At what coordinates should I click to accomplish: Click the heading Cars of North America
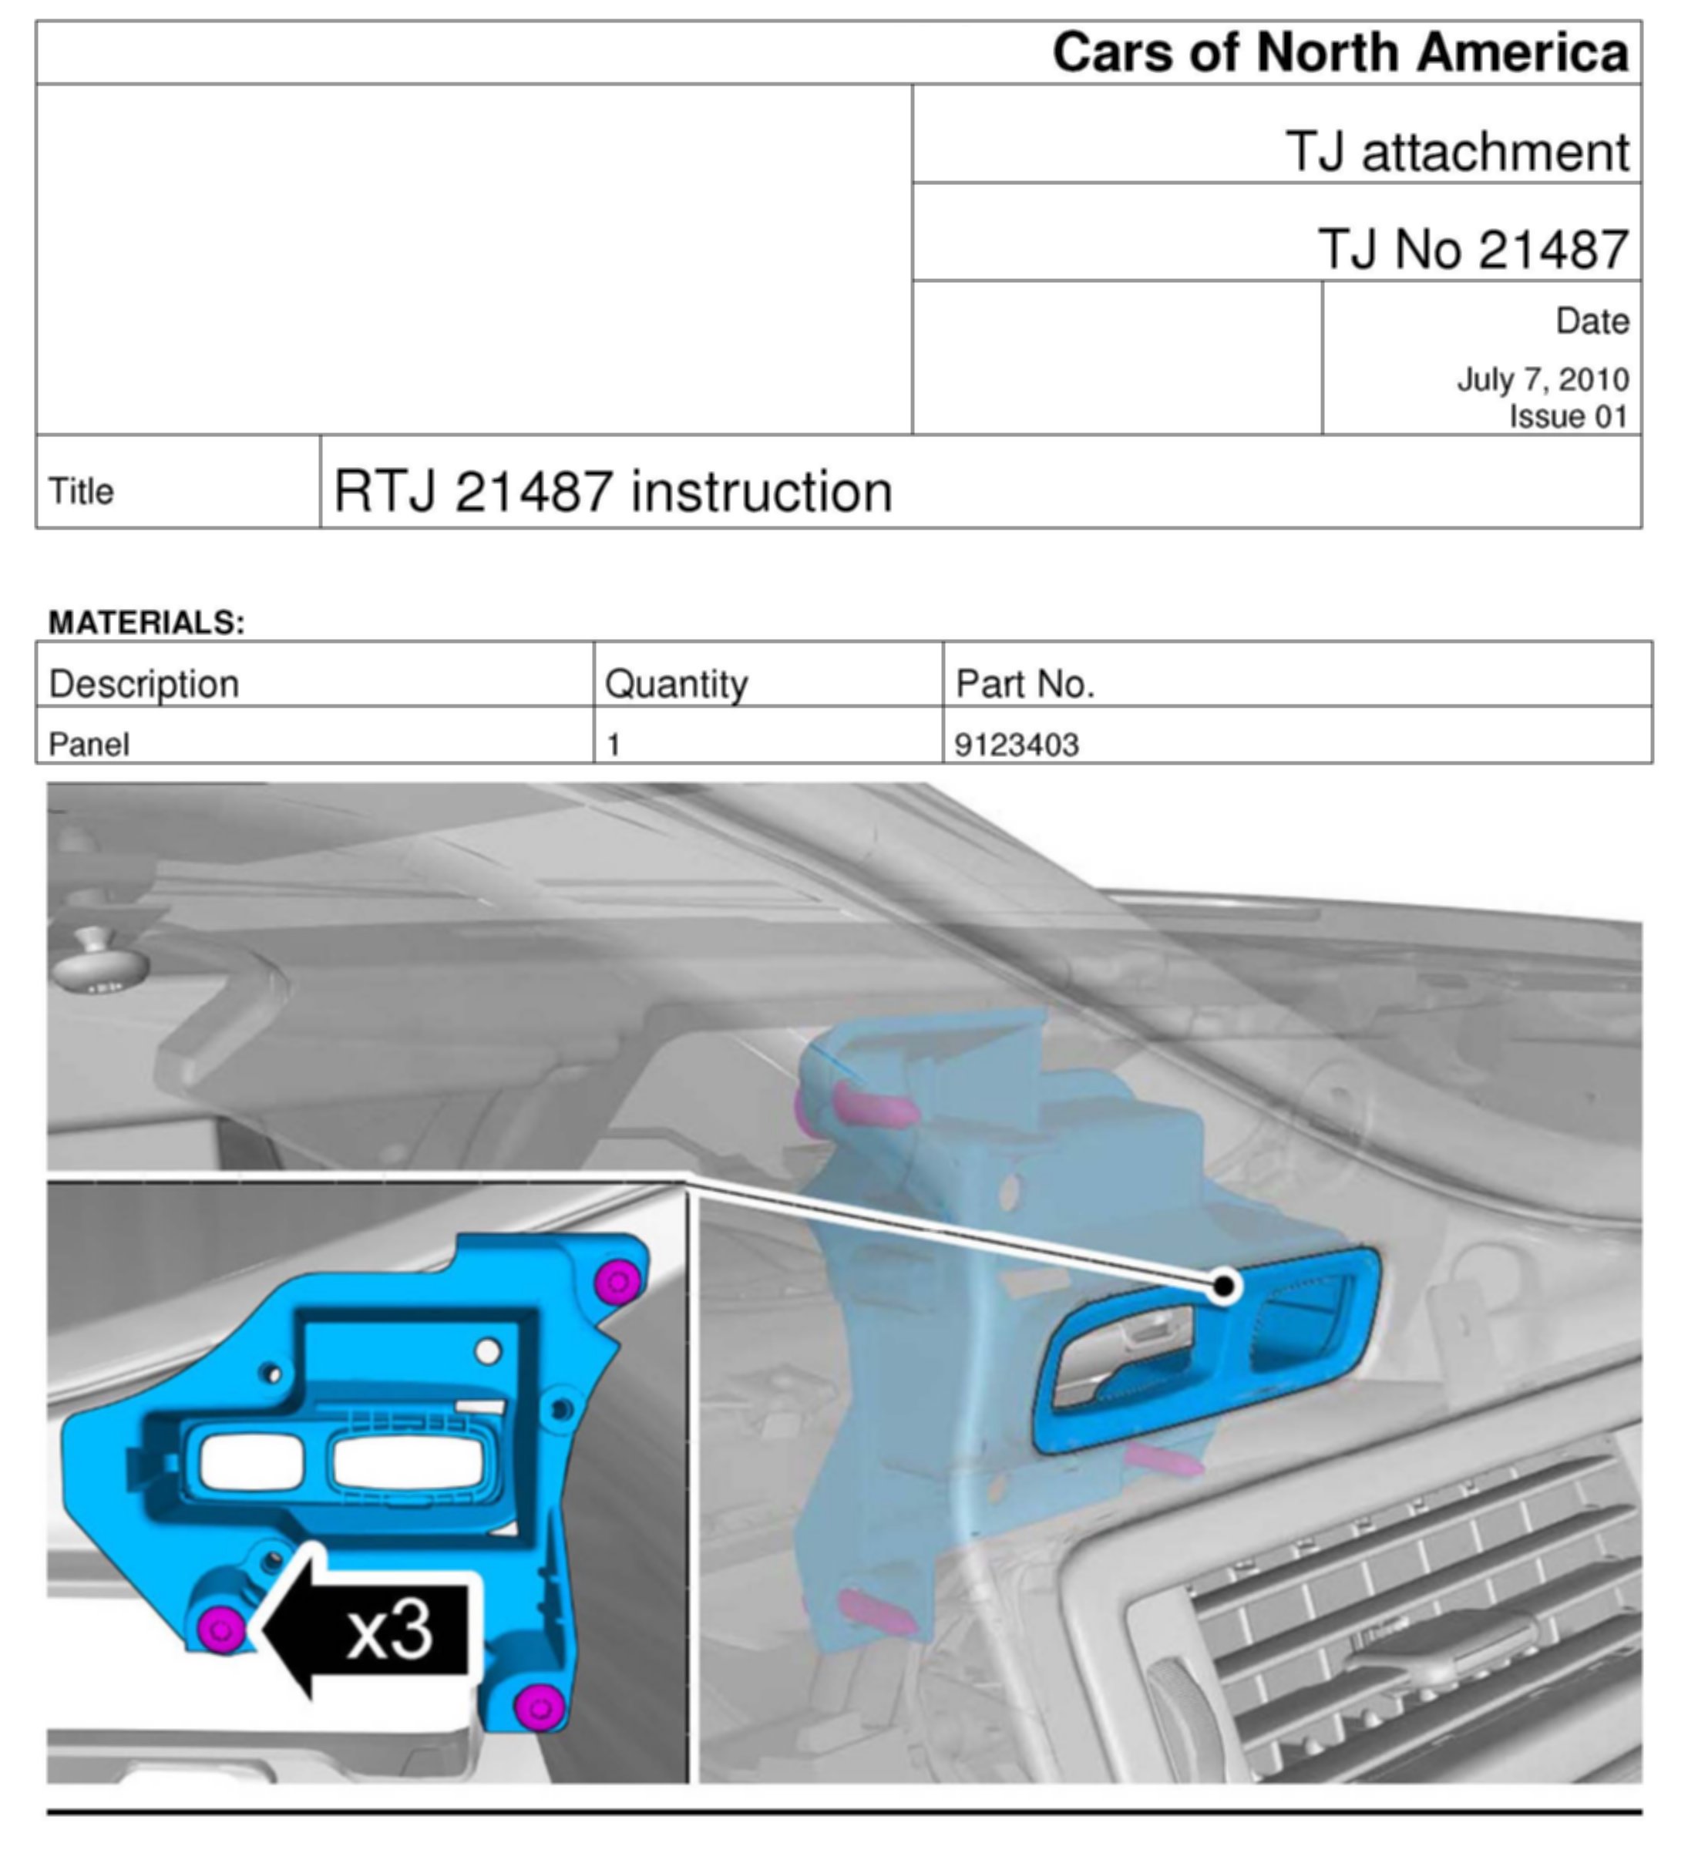tap(1340, 52)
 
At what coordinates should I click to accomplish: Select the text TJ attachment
tap(1458, 151)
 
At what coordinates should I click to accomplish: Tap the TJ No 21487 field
tap(1474, 249)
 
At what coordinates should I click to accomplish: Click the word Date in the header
tap(1592, 321)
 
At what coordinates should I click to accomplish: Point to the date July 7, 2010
tap(1543, 379)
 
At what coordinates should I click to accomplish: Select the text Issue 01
tap(1569, 416)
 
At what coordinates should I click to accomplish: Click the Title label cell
tap(81, 491)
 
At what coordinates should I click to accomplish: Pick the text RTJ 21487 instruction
tap(614, 491)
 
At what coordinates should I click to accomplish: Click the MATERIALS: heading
tap(146, 623)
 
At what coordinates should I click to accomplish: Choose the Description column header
tap(144, 684)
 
